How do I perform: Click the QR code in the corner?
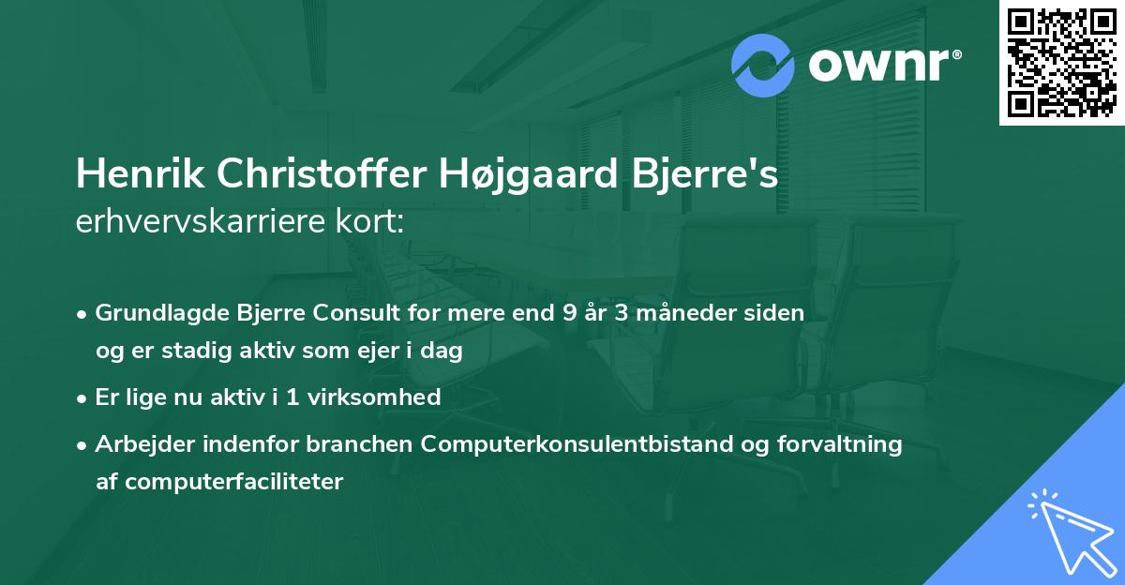click(x=1062, y=63)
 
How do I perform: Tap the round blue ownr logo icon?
click(x=763, y=65)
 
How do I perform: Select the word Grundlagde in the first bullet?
click(x=156, y=313)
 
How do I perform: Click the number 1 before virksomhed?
click(x=292, y=397)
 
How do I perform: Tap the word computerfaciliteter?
click(x=219, y=482)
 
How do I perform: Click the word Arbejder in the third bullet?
click(x=138, y=444)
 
